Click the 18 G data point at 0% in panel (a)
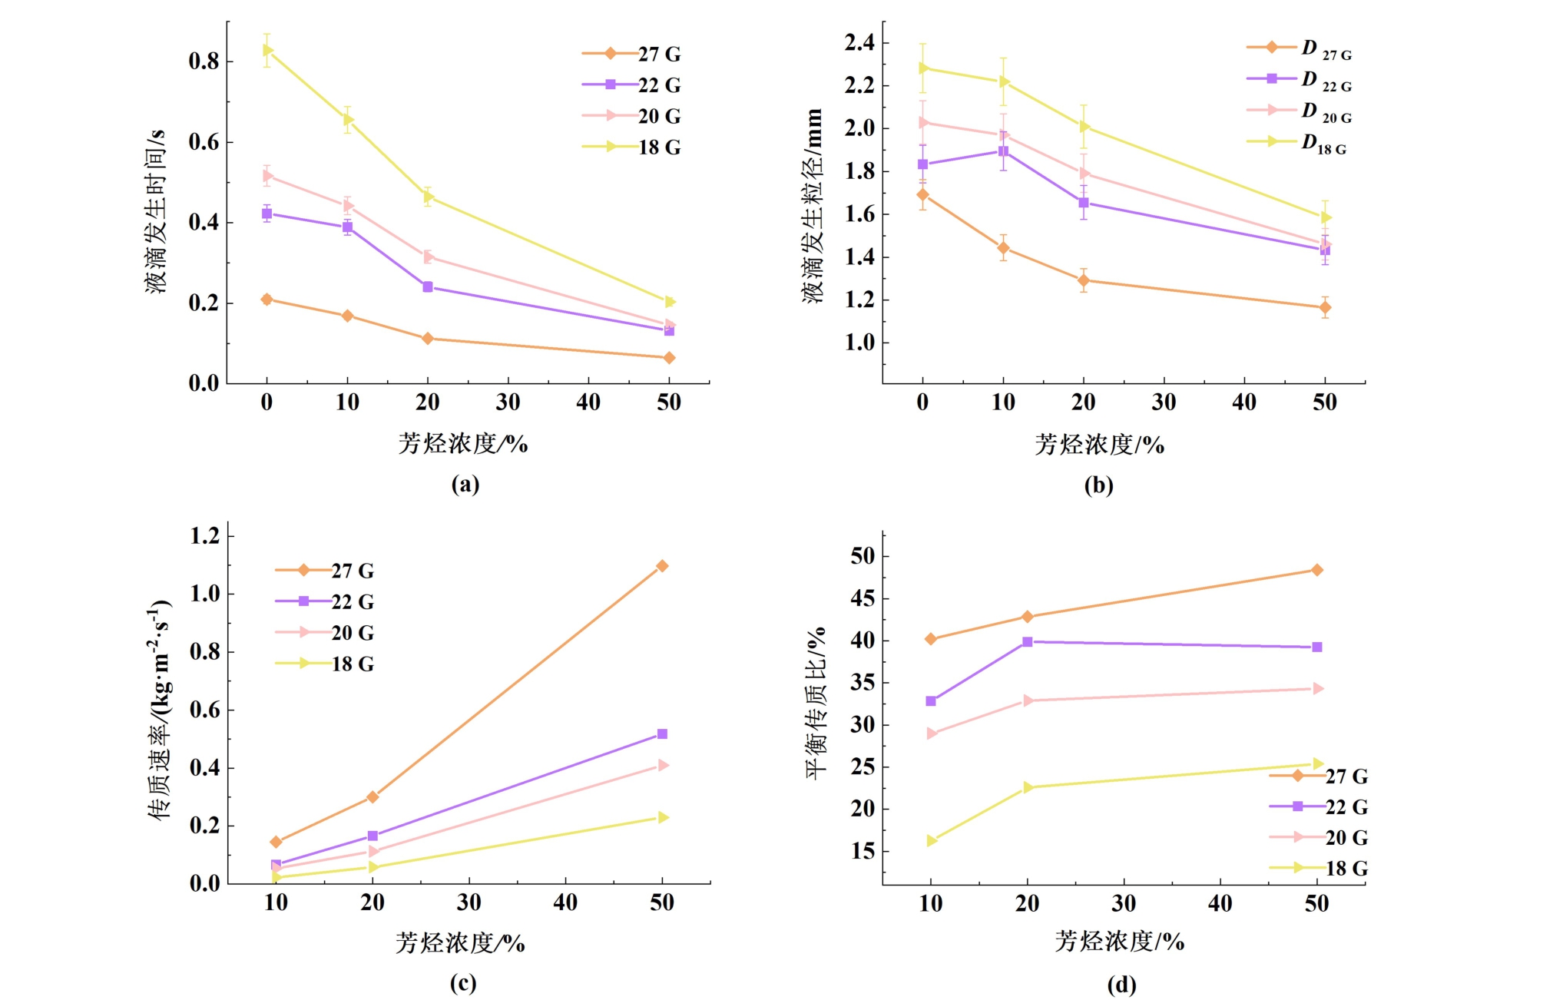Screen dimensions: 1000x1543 pos(267,50)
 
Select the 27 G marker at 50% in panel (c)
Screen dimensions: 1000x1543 pos(662,566)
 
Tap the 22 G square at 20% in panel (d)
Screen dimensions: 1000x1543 pos(1028,641)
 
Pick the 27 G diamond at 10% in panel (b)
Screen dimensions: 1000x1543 pos(1003,248)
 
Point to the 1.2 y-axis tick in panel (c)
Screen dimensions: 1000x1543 pos(205,535)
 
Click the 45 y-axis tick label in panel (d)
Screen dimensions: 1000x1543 pos(863,598)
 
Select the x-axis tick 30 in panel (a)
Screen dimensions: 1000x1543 pos(508,402)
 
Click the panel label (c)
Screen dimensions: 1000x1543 pos(463,983)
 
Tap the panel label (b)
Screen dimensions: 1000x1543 pos(1098,485)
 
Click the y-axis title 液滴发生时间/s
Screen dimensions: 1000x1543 pos(155,211)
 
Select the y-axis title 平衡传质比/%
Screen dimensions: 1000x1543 pos(816,702)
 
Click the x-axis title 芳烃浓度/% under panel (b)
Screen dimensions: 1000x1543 pos(1099,444)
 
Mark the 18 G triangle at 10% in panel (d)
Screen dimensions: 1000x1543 pos(932,841)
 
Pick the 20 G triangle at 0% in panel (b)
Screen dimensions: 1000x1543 pos(923,122)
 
